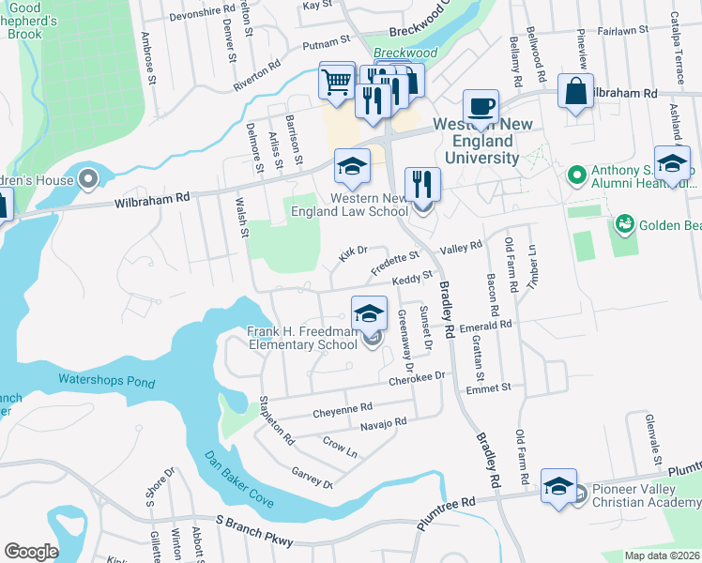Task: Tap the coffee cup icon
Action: coord(481,107)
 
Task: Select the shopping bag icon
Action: coord(575,92)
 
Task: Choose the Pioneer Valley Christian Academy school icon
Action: coord(558,487)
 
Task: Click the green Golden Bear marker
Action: coord(623,224)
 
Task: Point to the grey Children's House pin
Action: coord(88,177)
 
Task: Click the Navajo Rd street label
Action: coord(383,423)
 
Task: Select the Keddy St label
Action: coord(411,278)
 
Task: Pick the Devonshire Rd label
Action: coord(201,16)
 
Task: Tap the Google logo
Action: coord(31,551)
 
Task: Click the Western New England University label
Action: coord(475,141)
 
